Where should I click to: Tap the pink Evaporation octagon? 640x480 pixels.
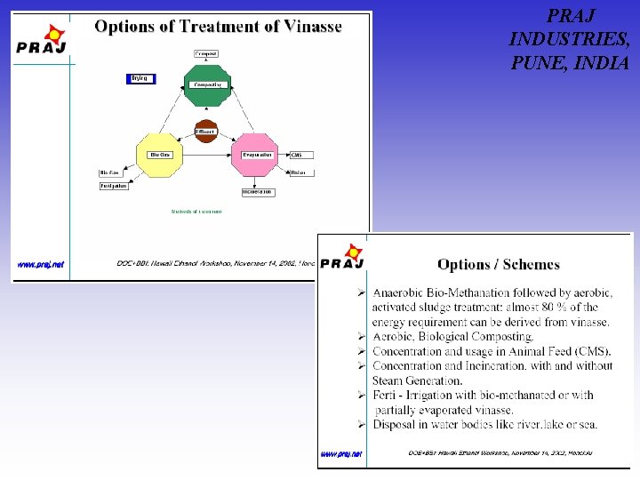(255, 156)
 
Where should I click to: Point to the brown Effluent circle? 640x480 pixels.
(205, 131)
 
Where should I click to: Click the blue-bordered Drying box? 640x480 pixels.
(140, 79)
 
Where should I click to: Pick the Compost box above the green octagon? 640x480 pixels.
(205, 54)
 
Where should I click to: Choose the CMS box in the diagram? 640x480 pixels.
(301, 156)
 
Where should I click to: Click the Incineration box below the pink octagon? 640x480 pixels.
(257, 192)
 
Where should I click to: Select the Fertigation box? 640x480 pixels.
(114, 186)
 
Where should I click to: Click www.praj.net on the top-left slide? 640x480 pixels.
(41, 264)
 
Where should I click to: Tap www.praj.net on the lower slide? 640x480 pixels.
(341, 453)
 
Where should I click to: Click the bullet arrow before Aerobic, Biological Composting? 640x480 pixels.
(362, 337)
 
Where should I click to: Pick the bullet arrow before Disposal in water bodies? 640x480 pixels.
(362, 424)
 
